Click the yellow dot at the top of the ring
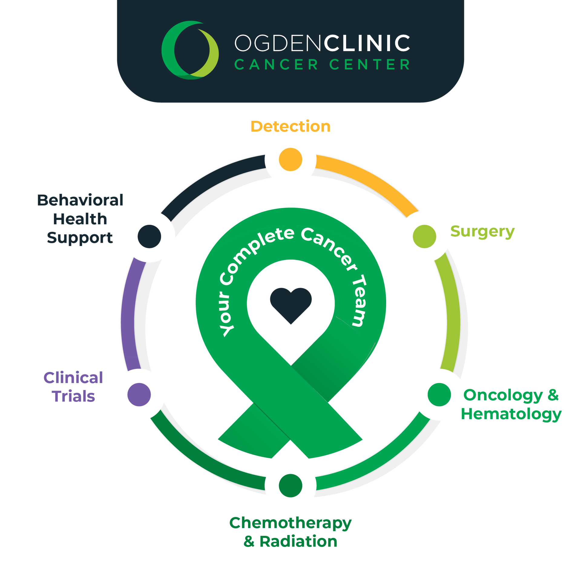(x=290, y=159)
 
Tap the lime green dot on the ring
(x=424, y=236)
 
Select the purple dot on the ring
(x=139, y=395)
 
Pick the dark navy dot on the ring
(x=149, y=236)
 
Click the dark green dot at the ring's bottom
(x=290, y=485)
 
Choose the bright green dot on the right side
(x=439, y=395)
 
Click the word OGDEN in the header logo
(x=277, y=43)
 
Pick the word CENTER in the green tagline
(x=369, y=65)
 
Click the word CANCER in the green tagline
(x=276, y=65)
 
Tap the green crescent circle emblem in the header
(x=190, y=50)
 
